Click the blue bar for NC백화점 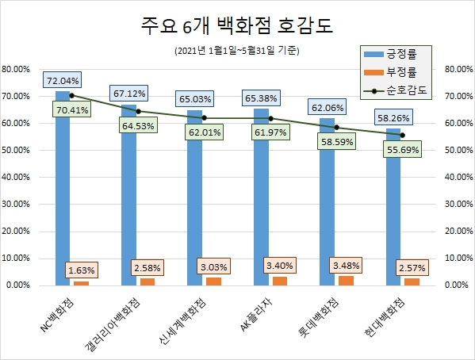tap(63, 190)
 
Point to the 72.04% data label tap(63, 81)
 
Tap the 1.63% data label tap(82, 270)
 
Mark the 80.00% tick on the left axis tap(17, 69)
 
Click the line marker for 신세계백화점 tap(205, 118)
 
